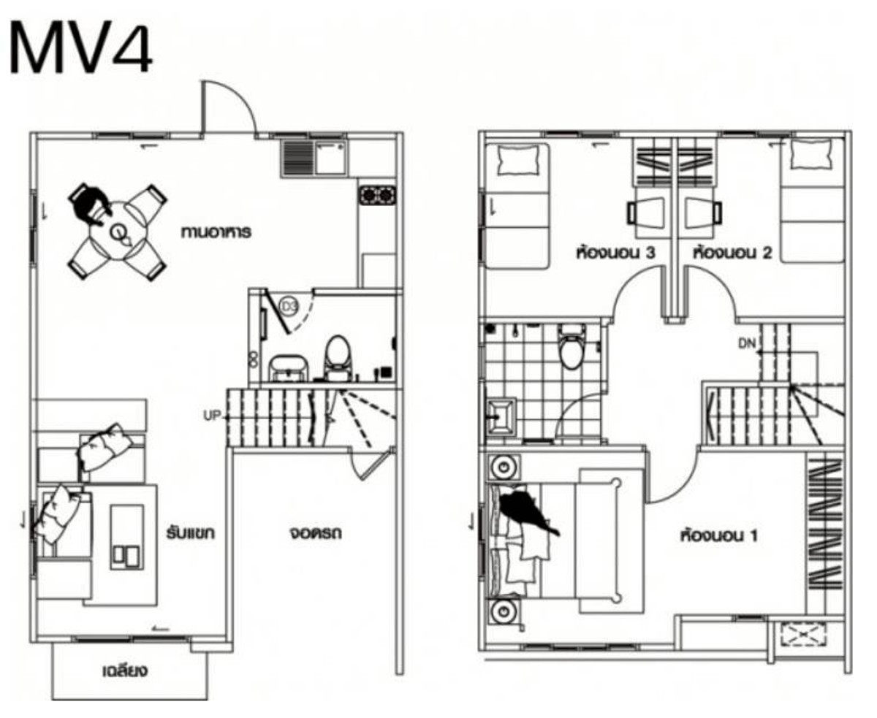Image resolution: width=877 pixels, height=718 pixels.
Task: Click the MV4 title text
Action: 80,48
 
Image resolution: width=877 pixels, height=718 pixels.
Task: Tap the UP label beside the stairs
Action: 212,416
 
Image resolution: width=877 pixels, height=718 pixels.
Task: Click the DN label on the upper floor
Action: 747,343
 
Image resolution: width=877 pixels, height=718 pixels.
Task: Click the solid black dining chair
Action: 89,204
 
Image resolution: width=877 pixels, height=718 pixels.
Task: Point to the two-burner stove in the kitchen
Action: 378,195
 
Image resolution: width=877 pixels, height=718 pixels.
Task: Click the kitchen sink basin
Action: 330,156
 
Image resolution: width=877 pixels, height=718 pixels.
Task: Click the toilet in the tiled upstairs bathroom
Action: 572,348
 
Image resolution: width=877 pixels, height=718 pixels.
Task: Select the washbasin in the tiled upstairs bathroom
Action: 501,416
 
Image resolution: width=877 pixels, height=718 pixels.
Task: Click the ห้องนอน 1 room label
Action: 719,535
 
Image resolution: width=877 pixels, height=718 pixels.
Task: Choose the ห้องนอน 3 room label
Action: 615,253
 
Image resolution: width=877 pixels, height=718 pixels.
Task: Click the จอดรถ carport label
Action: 316,533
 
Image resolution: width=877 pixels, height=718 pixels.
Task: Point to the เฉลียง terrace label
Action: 125,671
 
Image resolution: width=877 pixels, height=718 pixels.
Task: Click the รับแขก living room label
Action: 191,533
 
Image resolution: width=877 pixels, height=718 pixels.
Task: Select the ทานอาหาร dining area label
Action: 216,232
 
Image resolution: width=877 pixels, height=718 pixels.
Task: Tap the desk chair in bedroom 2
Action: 704,213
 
